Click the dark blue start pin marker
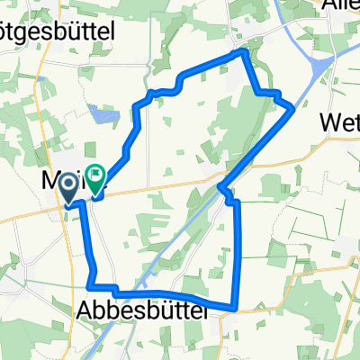(68, 186)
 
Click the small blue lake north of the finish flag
(102, 114)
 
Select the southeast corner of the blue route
(235, 307)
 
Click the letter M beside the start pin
(52, 180)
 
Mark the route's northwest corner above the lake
(137, 105)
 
